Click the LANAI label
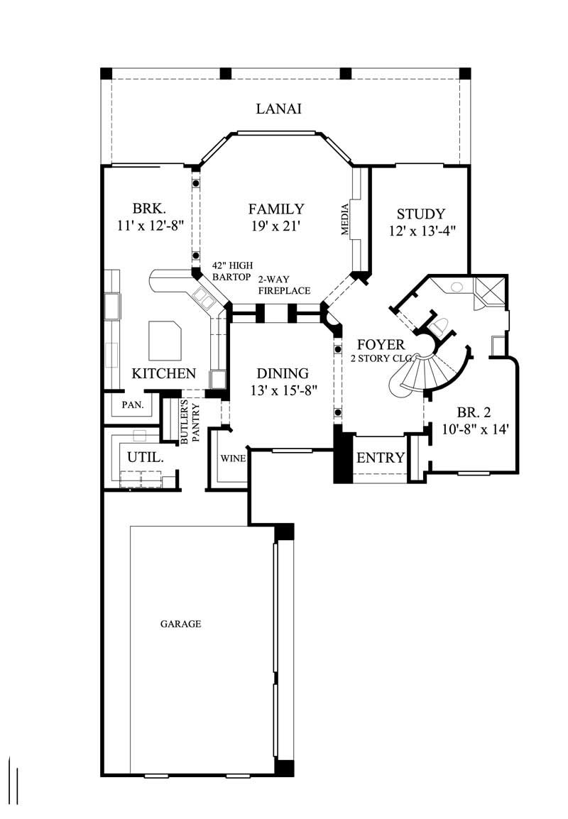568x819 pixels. click(279, 109)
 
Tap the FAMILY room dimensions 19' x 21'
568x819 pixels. click(275, 228)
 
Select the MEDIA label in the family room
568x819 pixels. click(345, 219)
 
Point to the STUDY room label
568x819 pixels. click(420, 214)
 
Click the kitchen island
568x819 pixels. click(165, 339)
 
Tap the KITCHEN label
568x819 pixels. click(164, 373)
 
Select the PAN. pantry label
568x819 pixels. click(133, 405)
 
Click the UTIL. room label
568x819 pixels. click(146, 458)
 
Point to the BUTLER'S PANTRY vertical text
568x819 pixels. click(190, 423)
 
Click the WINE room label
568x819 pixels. click(233, 458)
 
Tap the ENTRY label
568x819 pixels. click(380, 458)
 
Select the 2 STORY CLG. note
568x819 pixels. click(382, 358)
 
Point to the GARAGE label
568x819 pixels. click(180, 625)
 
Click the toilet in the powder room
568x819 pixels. click(439, 326)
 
